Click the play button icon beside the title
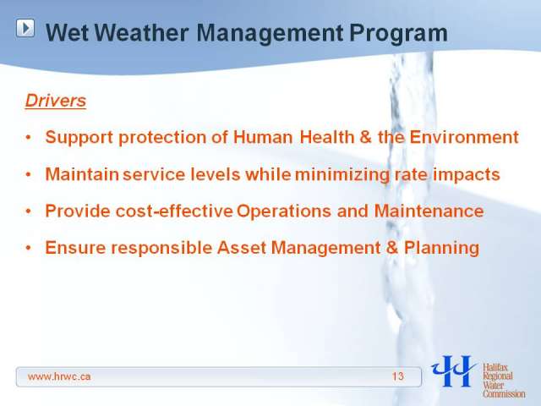click(25, 28)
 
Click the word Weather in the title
click(141, 33)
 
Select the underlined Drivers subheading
click(56, 101)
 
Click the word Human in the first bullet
click(263, 137)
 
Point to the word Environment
click(464, 137)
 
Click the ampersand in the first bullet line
click(365, 137)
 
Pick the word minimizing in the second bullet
click(342, 174)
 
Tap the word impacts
click(466, 175)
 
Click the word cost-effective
click(174, 211)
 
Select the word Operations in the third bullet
click(284, 211)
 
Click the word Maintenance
click(429, 211)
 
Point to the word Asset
click(242, 248)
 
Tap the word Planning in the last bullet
click(441, 249)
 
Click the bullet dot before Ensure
click(29, 248)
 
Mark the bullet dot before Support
click(29, 137)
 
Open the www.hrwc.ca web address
click(59, 376)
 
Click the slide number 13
click(398, 376)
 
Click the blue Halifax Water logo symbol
click(454, 370)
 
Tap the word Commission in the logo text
click(504, 393)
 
